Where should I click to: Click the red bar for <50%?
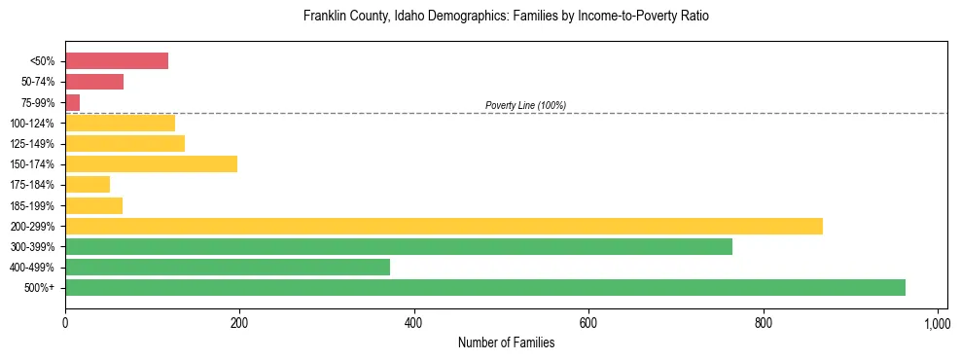(x=117, y=61)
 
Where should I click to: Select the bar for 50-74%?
(x=94, y=82)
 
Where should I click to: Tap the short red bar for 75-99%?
(x=73, y=102)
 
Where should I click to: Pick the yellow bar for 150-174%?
(x=151, y=164)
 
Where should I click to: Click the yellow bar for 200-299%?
(x=444, y=226)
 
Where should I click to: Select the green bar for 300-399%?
(x=399, y=247)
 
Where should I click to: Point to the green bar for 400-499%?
(x=228, y=268)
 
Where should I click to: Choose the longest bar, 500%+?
(x=485, y=288)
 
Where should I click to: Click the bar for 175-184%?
(x=88, y=185)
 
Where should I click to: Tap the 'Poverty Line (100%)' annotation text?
(x=525, y=105)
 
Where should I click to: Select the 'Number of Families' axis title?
(x=506, y=342)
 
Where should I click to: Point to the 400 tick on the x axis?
(x=414, y=322)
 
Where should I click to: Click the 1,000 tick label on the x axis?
(x=937, y=322)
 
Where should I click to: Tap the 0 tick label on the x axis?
(x=65, y=322)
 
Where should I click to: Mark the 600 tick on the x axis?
(x=588, y=322)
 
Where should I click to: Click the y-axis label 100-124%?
(x=32, y=124)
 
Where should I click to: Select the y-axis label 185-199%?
(x=32, y=206)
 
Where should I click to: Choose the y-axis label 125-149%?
(x=32, y=144)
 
